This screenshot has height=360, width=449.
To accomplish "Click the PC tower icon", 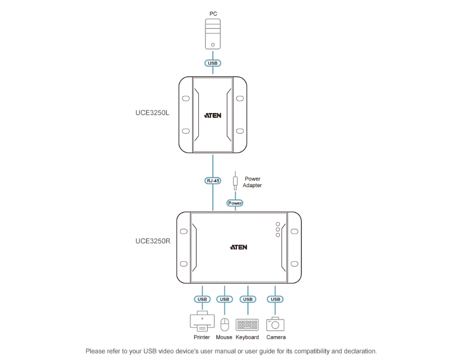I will pos(213,35).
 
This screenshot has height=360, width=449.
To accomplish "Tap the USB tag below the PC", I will pos(213,63).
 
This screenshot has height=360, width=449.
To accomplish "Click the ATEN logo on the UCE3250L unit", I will pos(213,115).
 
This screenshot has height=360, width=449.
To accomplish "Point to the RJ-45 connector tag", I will pos(213,181).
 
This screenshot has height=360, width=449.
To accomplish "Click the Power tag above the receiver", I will pos(235,203).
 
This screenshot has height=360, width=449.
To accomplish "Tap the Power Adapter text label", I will pos(252,182).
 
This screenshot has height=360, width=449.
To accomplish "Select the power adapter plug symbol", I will pos(235,180).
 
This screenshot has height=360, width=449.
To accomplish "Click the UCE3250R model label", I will pos(153,241).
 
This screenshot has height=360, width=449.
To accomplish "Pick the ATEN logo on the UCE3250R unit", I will pos(238,247).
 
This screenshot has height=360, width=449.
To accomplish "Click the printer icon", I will pos(202,322).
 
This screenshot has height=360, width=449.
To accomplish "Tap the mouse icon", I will pos(224,324).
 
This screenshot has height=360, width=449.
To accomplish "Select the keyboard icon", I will pos(247,325).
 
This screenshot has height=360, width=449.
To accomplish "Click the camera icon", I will pos(276,324).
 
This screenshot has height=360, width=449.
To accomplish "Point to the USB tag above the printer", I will pos(202,299).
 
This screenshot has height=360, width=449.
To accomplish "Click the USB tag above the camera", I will pos(276,299).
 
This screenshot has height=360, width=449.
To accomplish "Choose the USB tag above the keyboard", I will pos(248,299).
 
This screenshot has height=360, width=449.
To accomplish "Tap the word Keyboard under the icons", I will pos(247,337).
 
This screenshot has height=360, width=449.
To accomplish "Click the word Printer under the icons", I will pos(202,337).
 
